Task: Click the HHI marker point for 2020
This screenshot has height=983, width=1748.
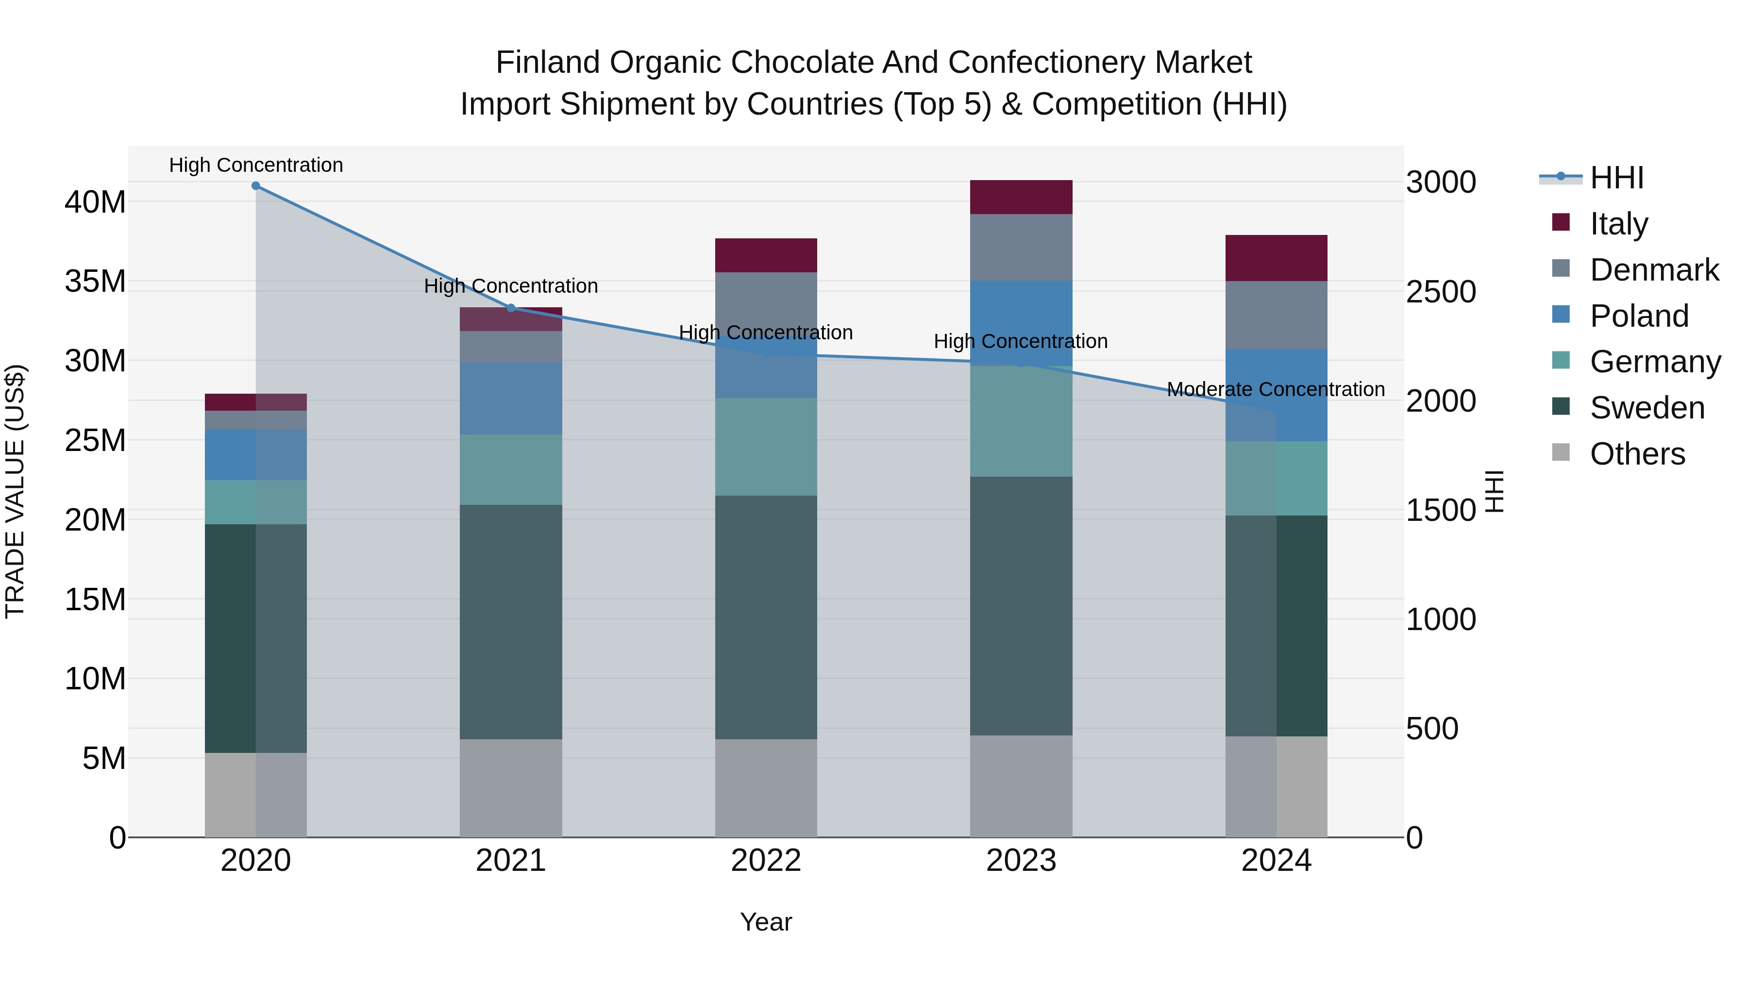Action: coord(256,186)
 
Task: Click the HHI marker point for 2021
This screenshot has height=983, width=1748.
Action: coord(511,308)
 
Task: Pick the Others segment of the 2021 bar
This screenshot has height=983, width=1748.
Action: coord(511,788)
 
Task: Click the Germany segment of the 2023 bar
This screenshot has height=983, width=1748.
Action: coord(1021,421)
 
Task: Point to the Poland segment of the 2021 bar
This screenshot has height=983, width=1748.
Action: coord(511,398)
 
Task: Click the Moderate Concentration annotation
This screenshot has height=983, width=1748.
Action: coord(1276,389)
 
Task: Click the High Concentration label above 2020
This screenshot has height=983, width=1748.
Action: coord(256,165)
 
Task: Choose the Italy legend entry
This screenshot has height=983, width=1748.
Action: coord(1618,223)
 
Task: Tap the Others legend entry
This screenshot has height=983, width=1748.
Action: coord(1637,453)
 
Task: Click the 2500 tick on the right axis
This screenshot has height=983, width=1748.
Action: coord(1441,292)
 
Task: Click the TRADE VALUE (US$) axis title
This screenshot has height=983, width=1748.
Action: coord(15,491)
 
